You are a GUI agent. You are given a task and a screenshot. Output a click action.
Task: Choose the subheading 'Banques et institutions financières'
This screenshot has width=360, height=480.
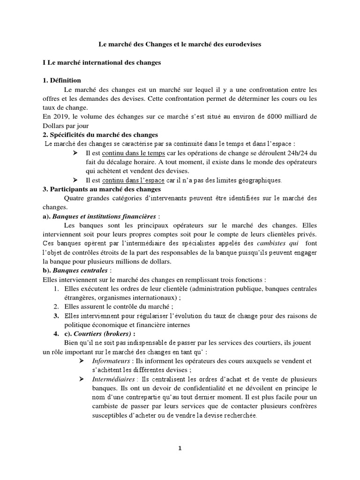[105, 216]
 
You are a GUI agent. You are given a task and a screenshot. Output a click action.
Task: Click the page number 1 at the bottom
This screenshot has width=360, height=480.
[180, 448]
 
